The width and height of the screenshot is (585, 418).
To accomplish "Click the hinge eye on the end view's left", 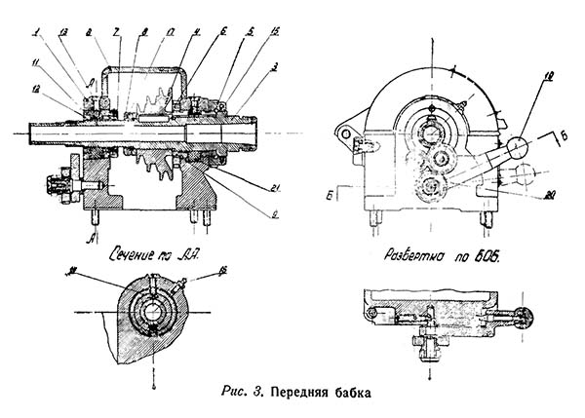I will (x=343, y=130).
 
